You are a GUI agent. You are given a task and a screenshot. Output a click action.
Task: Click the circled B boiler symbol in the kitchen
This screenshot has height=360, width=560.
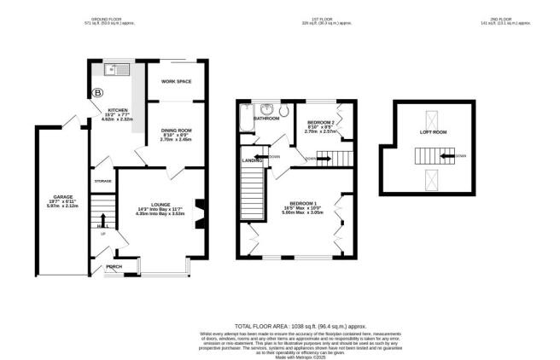click(96, 91)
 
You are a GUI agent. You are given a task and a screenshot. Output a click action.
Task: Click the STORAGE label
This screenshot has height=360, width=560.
click(103, 182)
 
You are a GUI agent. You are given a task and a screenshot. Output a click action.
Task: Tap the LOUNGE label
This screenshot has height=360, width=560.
click(161, 205)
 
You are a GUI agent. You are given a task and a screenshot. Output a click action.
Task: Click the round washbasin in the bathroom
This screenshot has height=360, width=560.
click(267, 108)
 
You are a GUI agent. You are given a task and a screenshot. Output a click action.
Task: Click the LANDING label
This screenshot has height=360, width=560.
click(253, 160)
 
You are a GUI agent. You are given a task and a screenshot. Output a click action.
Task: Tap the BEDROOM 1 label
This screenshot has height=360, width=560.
click(300, 202)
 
